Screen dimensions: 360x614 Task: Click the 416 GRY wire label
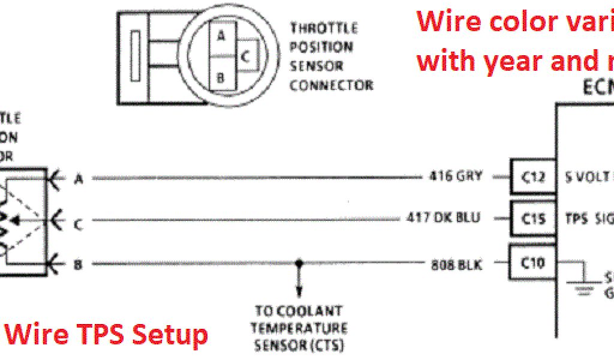coord(455,176)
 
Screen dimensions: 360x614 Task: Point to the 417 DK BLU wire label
coord(443,218)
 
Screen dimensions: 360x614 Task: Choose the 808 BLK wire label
coord(456,263)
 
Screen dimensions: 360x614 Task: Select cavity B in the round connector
coord(221,77)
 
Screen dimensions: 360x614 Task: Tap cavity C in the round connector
coord(246,56)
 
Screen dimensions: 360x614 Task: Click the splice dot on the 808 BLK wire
coord(298,263)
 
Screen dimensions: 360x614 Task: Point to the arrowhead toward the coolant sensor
coord(298,293)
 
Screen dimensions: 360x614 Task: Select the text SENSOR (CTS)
coord(298,345)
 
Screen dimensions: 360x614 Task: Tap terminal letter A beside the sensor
coord(78,178)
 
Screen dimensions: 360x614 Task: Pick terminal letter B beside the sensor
coord(78,265)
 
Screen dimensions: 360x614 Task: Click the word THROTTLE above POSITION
coord(324,28)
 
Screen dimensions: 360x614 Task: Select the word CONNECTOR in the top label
coord(331,85)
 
